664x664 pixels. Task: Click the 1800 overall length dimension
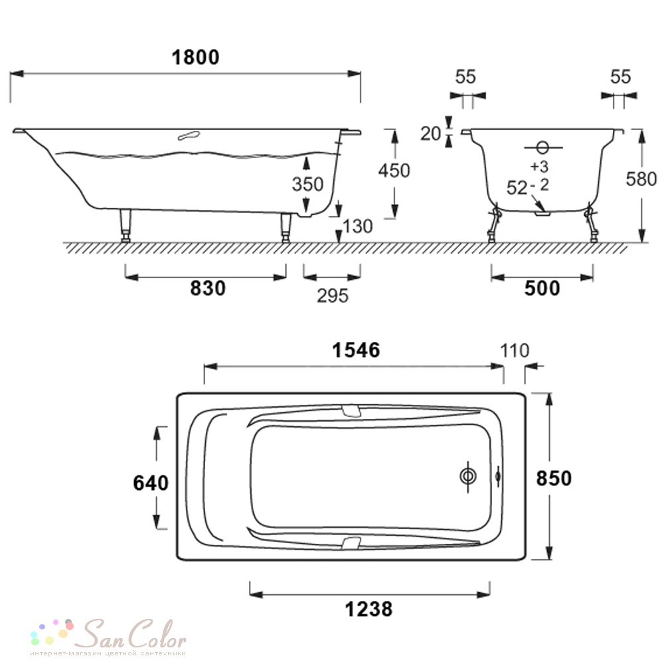pyautogui.click(x=195, y=57)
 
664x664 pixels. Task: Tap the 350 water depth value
pyautogui.click(x=307, y=184)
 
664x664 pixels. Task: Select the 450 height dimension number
pyautogui.click(x=394, y=170)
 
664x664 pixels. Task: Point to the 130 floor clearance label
pyautogui.click(x=358, y=226)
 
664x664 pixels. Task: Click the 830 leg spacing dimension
pyautogui.click(x=207, y=288)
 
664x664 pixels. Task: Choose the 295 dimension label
pyautogui.click(x=333, y=296)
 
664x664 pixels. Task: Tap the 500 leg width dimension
pyautogui.click(x=542, y=288)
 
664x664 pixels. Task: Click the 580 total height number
pyautogui.click(x=641, y=179)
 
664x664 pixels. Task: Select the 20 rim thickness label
pyautogui.click(x=431, y=133)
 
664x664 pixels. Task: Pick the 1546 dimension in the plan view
pyautogui.click(x=356, y=350)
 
